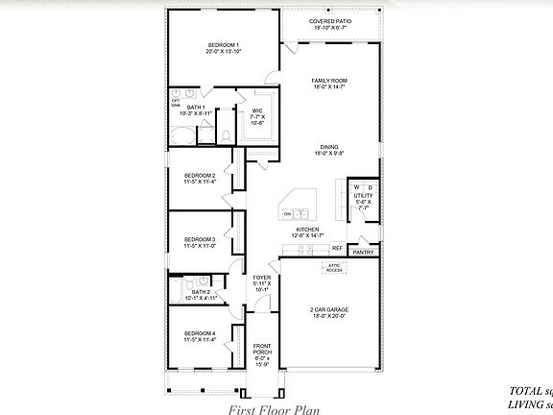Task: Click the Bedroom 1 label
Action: [x=223, y=45]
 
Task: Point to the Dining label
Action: [x=329, y=147]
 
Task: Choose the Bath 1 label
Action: [x=196, y=108]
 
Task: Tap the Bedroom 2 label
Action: [x=200, y=175]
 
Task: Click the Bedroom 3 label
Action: [x=200, y=239]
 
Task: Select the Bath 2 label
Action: [x=200, y=292]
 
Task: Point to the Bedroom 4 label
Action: [x=200, y=334]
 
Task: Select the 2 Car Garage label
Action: [x=328, y=308]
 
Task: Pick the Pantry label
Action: [x=362, y=252]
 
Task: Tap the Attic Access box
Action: [x=334, y=269]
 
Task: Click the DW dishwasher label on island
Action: [x=288, y=213]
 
